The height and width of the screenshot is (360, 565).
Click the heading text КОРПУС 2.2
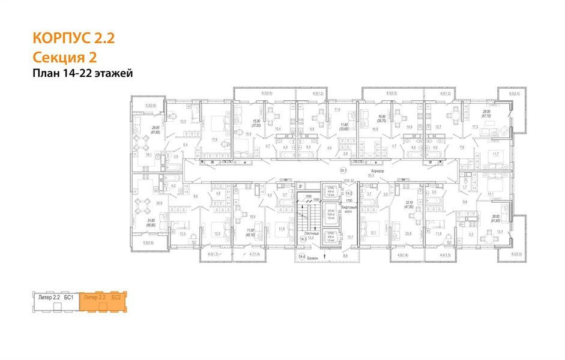point(73,39)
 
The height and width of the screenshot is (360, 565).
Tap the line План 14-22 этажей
point(82,73)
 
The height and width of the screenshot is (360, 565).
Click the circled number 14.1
point(343,171)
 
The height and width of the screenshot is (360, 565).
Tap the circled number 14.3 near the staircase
point(303,239)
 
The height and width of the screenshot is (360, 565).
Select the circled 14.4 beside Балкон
point(302,256)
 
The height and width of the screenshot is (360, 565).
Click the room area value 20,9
point(159,203)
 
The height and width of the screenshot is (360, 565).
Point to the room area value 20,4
point(408,233)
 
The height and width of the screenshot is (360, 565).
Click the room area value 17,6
point(214,140)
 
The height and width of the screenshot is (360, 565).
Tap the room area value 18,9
point(252,217)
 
